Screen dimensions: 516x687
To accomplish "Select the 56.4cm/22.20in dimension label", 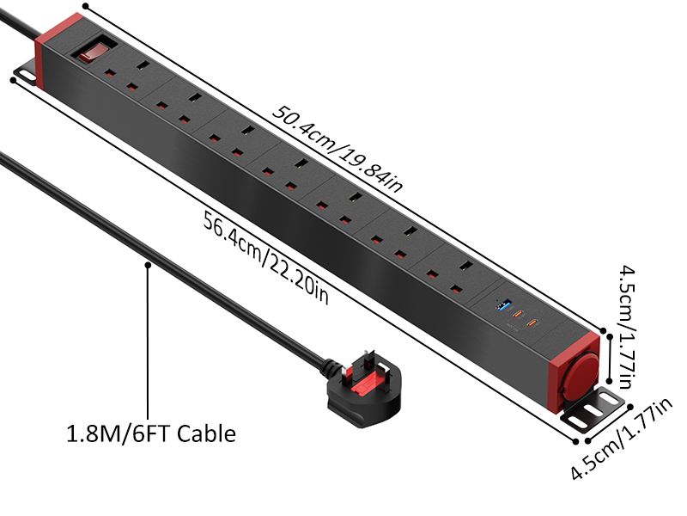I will [266, 257].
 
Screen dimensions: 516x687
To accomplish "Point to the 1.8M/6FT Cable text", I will [151, 433].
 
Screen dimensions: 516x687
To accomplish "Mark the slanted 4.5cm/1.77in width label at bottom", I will [623, 444].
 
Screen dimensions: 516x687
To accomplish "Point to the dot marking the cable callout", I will [148, 266].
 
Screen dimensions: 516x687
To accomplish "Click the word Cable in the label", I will [205, 433].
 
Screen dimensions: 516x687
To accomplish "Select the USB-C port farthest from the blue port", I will [533, 324].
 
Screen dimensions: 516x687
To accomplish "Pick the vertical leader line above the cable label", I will [148, 344].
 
